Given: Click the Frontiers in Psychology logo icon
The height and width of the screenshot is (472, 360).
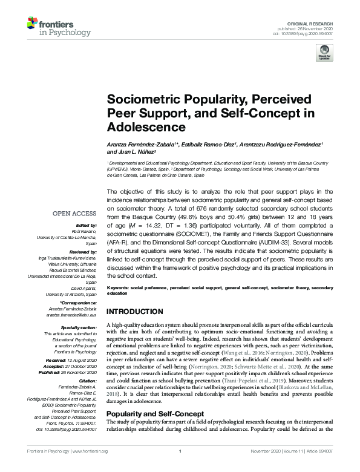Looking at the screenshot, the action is click(x=33, y=24).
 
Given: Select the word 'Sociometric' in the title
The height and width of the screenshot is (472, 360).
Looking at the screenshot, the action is click(x=140, y=100).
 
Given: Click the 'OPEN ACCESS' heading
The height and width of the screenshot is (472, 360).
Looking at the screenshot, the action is click(x=74, y=213).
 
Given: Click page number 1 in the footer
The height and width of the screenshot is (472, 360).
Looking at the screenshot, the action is click(x=180, y=467).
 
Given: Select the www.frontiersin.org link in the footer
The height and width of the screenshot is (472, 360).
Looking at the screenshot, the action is click(x=89, y=467).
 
